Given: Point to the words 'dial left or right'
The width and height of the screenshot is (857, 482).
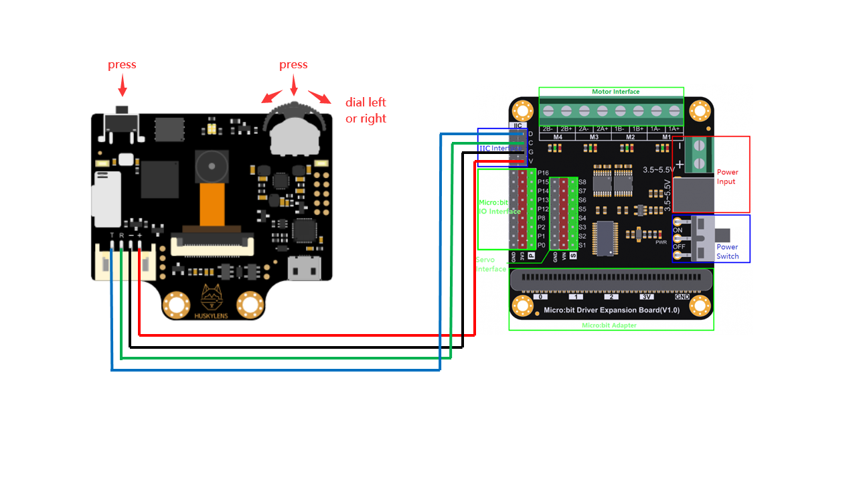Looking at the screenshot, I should pyautogui.click(x=366, y=110).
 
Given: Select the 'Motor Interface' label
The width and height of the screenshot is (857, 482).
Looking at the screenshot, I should pyautogui.click(x=615, y=92).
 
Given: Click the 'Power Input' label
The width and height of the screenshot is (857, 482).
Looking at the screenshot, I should pyautogui.click(x=727, y=177).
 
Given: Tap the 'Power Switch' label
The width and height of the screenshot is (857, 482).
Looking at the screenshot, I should pyautogui.click(x=728, y=252).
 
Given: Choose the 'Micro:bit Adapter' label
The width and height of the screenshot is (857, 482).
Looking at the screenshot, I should pyautogui.click(x=609, y=325).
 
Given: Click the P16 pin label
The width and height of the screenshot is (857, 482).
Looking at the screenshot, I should pyautogui.click(x=543, y=173).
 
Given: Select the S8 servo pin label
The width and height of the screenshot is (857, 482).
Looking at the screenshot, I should pyautogui.click(x=582, y=182).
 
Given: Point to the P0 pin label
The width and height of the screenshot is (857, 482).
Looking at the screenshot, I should pyautogui.click(x=542, y=246).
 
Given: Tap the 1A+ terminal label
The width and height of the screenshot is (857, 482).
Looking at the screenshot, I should pyautogui.click(x=674, y=128).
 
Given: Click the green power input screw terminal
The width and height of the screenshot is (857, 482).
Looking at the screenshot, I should pyautogui.click(x=698, y=155).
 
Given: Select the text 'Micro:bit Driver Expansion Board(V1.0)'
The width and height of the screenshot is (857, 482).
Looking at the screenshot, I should pyautogui.click(x=611, y=310).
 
